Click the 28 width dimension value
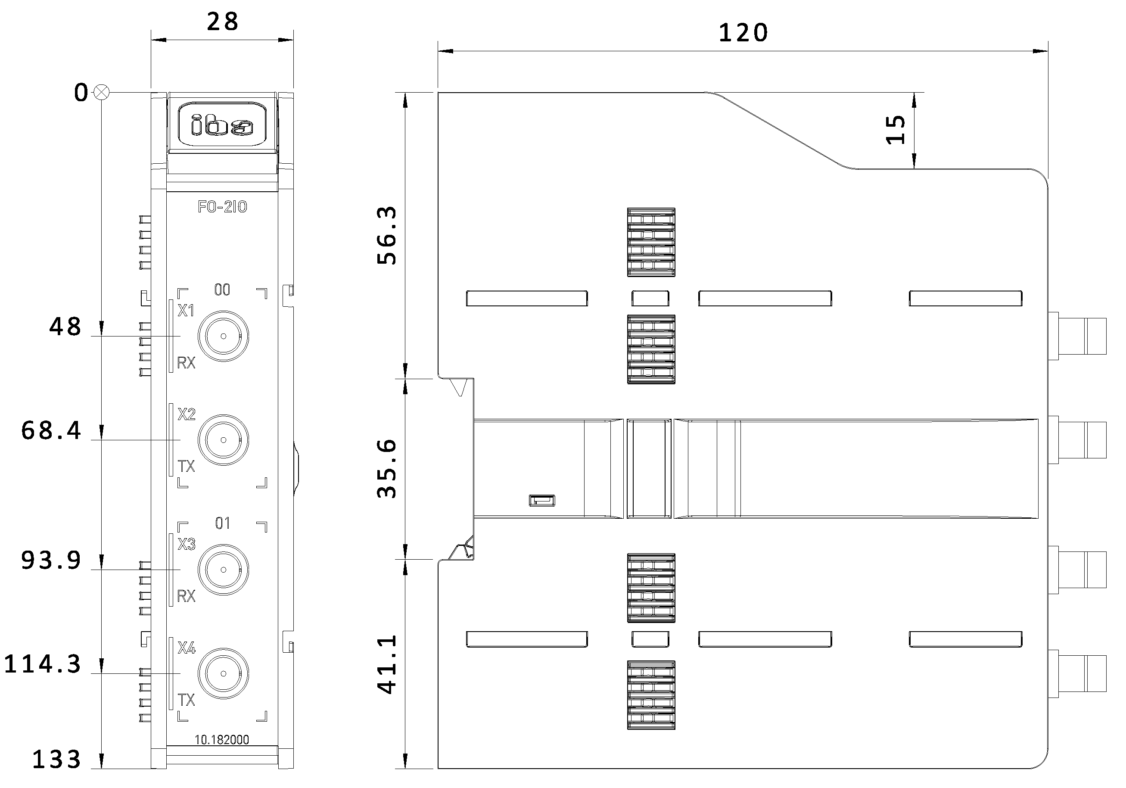[223, 22]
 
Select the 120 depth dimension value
[743, 33]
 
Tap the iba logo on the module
[222, 125]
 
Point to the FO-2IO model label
[222, 207]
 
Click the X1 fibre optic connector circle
[223, 336]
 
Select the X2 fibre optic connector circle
[223, 439]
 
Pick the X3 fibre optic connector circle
[223, 570]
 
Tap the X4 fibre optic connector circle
[223, 673]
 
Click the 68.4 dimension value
[51, 431]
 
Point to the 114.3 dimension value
[43, 664]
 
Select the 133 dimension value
[56, 760]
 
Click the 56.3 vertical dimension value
[387, 236]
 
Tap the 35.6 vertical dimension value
[387, 469]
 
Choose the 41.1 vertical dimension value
[387, 664]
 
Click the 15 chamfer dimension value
[896, 130]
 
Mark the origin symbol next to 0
[102, 92]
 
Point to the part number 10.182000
[222, 739]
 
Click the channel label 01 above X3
[222, 523]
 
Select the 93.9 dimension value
[51, 561]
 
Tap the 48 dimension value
[65, 327]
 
